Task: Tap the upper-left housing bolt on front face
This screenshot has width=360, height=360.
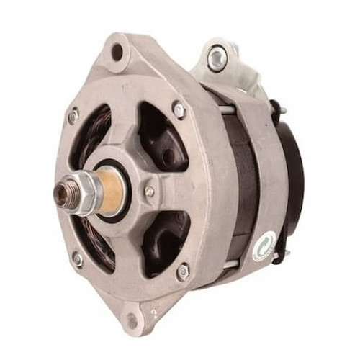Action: click(73, 115)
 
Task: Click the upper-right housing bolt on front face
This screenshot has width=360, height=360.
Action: click(179, 110)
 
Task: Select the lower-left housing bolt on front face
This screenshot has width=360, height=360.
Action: click(78, 260)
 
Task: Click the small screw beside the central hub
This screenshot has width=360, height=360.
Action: click(149, 192)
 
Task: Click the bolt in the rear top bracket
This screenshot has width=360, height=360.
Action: click(216, 57)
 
